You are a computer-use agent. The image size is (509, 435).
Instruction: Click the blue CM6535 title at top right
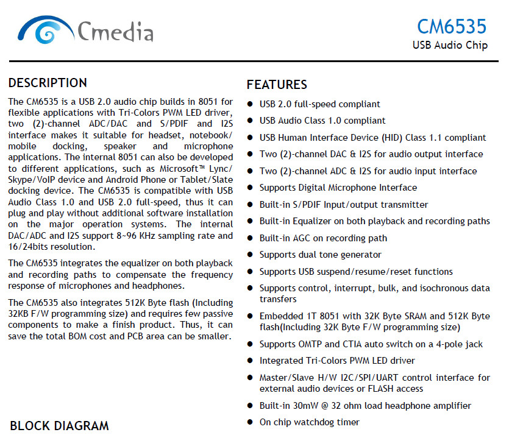452,27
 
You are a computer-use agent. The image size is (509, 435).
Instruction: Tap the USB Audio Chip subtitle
450,45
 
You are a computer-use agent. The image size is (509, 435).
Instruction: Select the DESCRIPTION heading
48,83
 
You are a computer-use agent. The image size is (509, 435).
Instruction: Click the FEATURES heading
277,85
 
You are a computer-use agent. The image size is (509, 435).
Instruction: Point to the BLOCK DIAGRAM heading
59,426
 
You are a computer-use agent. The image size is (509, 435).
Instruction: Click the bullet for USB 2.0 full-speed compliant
250,104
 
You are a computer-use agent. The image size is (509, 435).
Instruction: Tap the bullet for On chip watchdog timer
250,422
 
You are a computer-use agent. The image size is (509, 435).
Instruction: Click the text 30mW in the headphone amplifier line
305,406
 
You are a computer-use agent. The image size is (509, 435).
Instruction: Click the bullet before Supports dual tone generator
250,255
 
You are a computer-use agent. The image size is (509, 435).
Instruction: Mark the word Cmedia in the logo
115,31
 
